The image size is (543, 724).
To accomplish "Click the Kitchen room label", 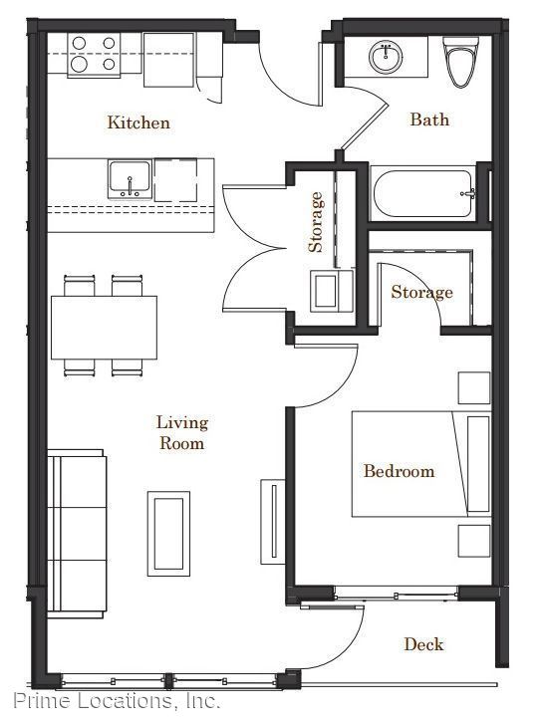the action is coord(138,122).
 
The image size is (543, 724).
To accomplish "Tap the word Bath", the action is coord(429,120).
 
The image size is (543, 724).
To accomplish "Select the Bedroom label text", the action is coord(399,471).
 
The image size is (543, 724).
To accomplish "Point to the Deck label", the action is coord(423,644).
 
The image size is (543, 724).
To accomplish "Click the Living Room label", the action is coord(182,432).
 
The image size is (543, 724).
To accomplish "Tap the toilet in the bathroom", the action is coord(460,62).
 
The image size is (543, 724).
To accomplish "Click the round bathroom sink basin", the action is coord(386,57).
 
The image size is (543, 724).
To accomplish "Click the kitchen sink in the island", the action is coord(130,179).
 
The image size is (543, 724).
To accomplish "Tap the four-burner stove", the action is coord(95,55).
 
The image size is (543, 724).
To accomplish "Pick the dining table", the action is coord(104,328).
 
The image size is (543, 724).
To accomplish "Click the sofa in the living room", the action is coord(77,534).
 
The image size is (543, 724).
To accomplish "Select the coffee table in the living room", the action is coord(168,534).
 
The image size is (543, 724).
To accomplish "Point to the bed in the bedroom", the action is coord(421,464).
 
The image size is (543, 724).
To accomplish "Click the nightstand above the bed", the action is coord(474,387).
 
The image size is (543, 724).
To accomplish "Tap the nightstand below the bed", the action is coord(474,541).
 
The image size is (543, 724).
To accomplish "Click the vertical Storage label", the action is coord(316,222).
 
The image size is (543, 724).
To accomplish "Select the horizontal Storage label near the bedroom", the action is coord(421,292).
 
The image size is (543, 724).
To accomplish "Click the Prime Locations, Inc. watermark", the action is coord(117,700).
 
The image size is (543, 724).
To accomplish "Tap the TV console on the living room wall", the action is coord(273,522).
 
